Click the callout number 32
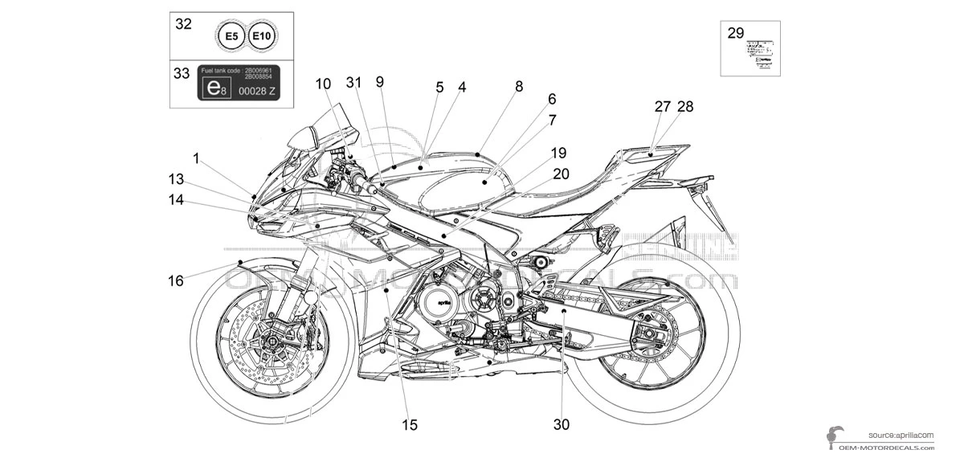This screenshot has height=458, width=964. [x=184, y=24]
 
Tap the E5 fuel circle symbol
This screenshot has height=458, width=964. [x=231, y=37]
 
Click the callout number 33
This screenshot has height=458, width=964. [x=182, y=73]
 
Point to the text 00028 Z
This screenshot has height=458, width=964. [x=257, y=91]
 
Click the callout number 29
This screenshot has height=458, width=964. [x=736, y=33]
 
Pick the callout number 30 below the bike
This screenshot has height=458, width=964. [x=562, y=424]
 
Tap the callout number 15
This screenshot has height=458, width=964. [x=410, y=424]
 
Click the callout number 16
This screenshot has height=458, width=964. [x=176, y=280]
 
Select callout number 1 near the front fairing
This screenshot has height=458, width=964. [x=196, y=157]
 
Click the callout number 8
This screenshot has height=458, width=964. [x=519, y=85]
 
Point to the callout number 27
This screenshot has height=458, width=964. [x=662, y=106]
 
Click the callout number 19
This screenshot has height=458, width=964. [x=558, y=153]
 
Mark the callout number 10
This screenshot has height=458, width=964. [x=323, y=83]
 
